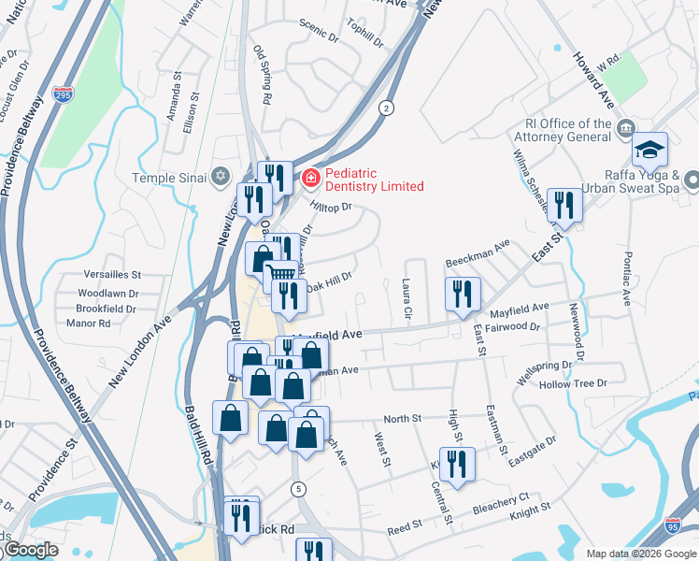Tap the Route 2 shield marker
point(386,108)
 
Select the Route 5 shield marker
point(298,488)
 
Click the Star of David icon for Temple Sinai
point(221,176)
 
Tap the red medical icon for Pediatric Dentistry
point(309,176)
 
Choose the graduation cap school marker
point(649,149)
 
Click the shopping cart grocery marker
point(281,274)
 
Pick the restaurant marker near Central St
point(457,464)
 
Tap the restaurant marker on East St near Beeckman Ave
point(563,204)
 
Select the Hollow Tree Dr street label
point(573,383)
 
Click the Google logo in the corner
point(31,550)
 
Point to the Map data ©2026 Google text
point(640,553)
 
